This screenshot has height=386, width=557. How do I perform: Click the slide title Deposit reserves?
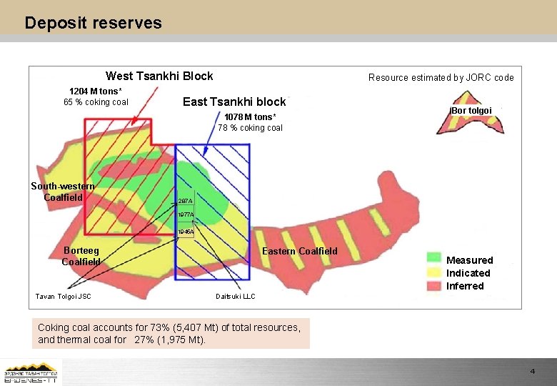tap(93, 23)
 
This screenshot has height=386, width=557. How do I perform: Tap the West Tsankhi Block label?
tap(159, 76)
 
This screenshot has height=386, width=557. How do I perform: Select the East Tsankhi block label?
tap(234, 102)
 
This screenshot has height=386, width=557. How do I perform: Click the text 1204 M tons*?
tap(95, 91)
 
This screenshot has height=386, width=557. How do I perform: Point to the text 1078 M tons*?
tap(249, 117)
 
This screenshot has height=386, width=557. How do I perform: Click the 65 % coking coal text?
tap(96, 102)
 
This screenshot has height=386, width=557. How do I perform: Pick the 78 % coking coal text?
tap(250, 128)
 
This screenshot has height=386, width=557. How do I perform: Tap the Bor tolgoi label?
tap(471, 111)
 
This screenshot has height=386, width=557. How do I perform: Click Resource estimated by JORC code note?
tap(441, 77)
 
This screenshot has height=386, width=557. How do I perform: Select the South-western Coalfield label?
tap(63, 192)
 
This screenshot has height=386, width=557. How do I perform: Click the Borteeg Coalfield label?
tap(81, 256)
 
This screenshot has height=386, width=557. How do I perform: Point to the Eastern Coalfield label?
tap(300, 251)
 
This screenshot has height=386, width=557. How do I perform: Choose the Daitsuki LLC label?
tap(235, 296)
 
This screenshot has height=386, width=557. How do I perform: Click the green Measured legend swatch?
tap(433, 257)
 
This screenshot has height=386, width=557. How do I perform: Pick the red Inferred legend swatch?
tap(433, 285)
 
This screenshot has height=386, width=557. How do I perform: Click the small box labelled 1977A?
tap(185, 214)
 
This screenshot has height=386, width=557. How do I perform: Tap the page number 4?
tap(532, 372)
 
